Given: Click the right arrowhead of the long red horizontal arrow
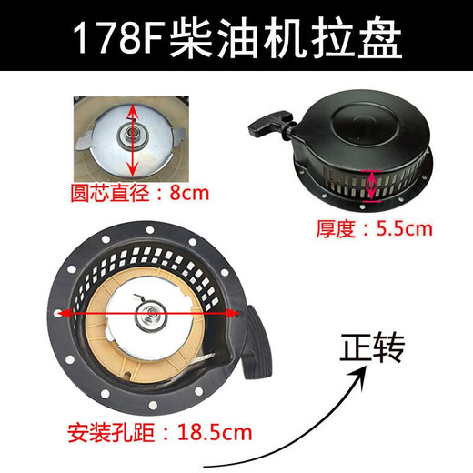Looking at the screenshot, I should pyautogui.click(x=238, y=312).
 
